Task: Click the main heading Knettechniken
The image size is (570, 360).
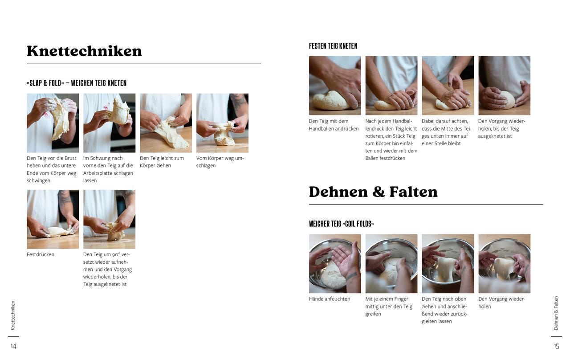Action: coord(84,51)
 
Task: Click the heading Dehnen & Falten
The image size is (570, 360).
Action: coord(373,192)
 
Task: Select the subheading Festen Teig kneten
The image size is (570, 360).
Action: coord(333,46)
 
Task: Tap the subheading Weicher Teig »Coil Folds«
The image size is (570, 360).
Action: coord(341,224)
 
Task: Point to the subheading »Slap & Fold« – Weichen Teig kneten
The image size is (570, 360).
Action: coord(77,83)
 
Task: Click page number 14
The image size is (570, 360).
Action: coord(13,346)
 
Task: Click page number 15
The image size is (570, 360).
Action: coord(556,346)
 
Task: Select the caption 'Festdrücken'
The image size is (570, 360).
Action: coord(41,254)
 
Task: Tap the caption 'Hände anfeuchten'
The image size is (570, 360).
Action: coord(330,299)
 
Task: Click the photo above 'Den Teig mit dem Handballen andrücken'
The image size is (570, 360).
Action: coord(335,86)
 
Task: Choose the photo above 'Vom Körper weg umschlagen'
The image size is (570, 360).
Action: coord(222,123)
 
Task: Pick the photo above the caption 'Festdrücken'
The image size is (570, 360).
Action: coord(53,219)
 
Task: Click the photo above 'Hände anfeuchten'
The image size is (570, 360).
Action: coord(335,264)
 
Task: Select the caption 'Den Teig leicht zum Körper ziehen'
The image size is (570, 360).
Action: coord(162,162)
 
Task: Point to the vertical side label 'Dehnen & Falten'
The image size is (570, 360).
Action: coord(556,313)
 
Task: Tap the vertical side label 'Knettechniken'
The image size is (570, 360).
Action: coord(13,315)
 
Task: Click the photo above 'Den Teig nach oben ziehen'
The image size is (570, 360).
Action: coord(448,264)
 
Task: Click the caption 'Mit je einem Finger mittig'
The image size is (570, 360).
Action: coord(389,307)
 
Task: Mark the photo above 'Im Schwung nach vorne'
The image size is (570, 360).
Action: coord(109,123)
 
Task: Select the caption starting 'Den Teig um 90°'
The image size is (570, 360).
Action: coord(107,269)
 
